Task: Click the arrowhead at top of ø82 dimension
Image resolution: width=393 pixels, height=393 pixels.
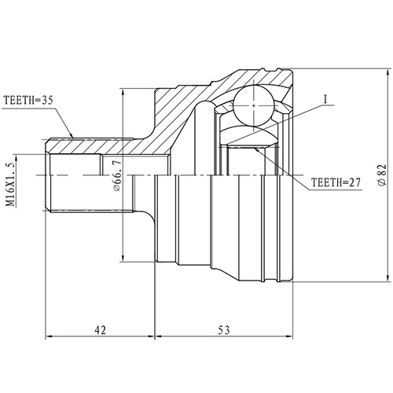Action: tap(387, 72)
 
